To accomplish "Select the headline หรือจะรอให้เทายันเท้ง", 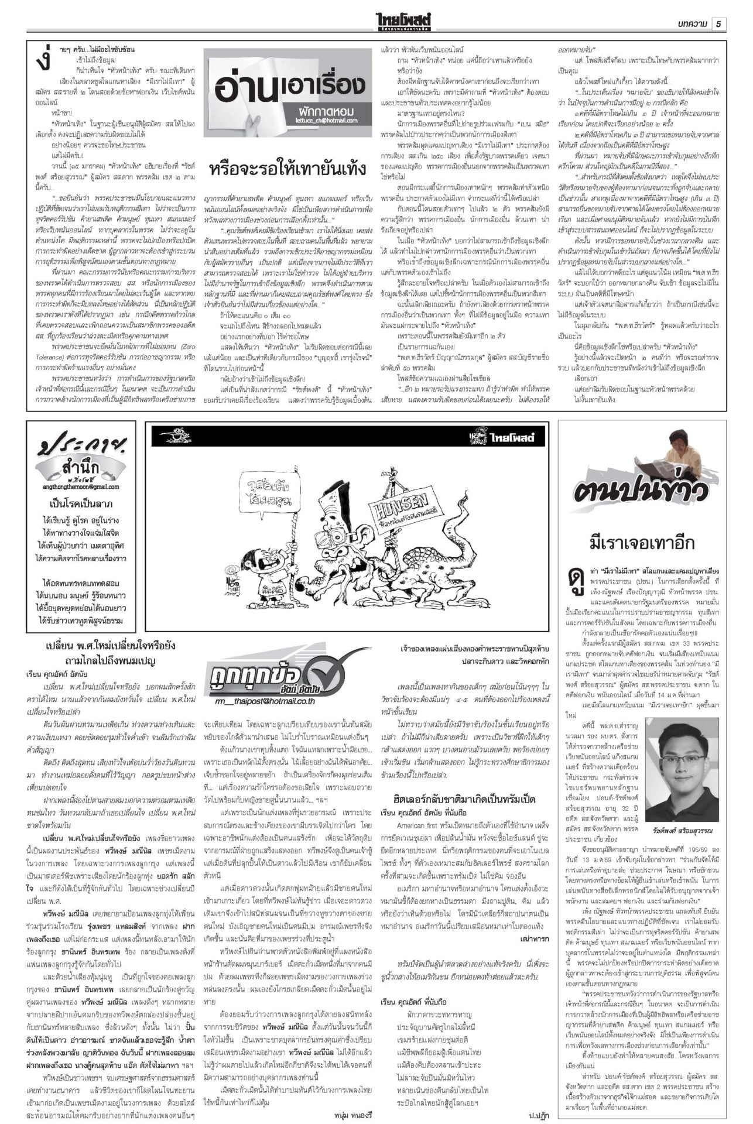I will [x=287, y=170].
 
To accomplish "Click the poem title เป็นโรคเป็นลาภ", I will [x=82, y=504].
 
